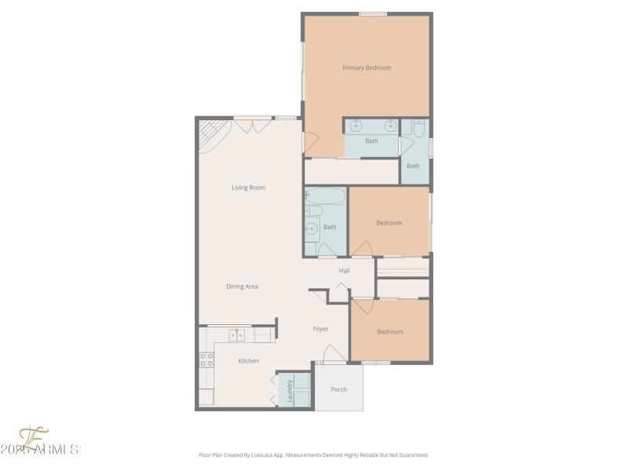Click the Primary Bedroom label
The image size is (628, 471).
(367, 68)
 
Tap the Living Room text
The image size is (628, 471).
(248, 188)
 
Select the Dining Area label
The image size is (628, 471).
(242, 287)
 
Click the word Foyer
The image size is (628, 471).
(320, 329)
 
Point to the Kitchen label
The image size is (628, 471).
(248, 361)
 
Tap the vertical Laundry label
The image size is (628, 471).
(290, 391)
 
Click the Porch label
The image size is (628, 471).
(338, 389)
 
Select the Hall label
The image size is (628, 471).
(344, 271)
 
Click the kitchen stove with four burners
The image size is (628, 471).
(206, 360)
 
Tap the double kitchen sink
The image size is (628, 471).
(237, 336)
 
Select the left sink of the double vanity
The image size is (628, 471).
(356, 126)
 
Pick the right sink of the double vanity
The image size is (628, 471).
(389, 126)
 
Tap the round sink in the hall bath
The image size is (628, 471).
(312, 229)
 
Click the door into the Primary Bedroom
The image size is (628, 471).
(310, 144)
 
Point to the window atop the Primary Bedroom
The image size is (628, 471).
(373, 13)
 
